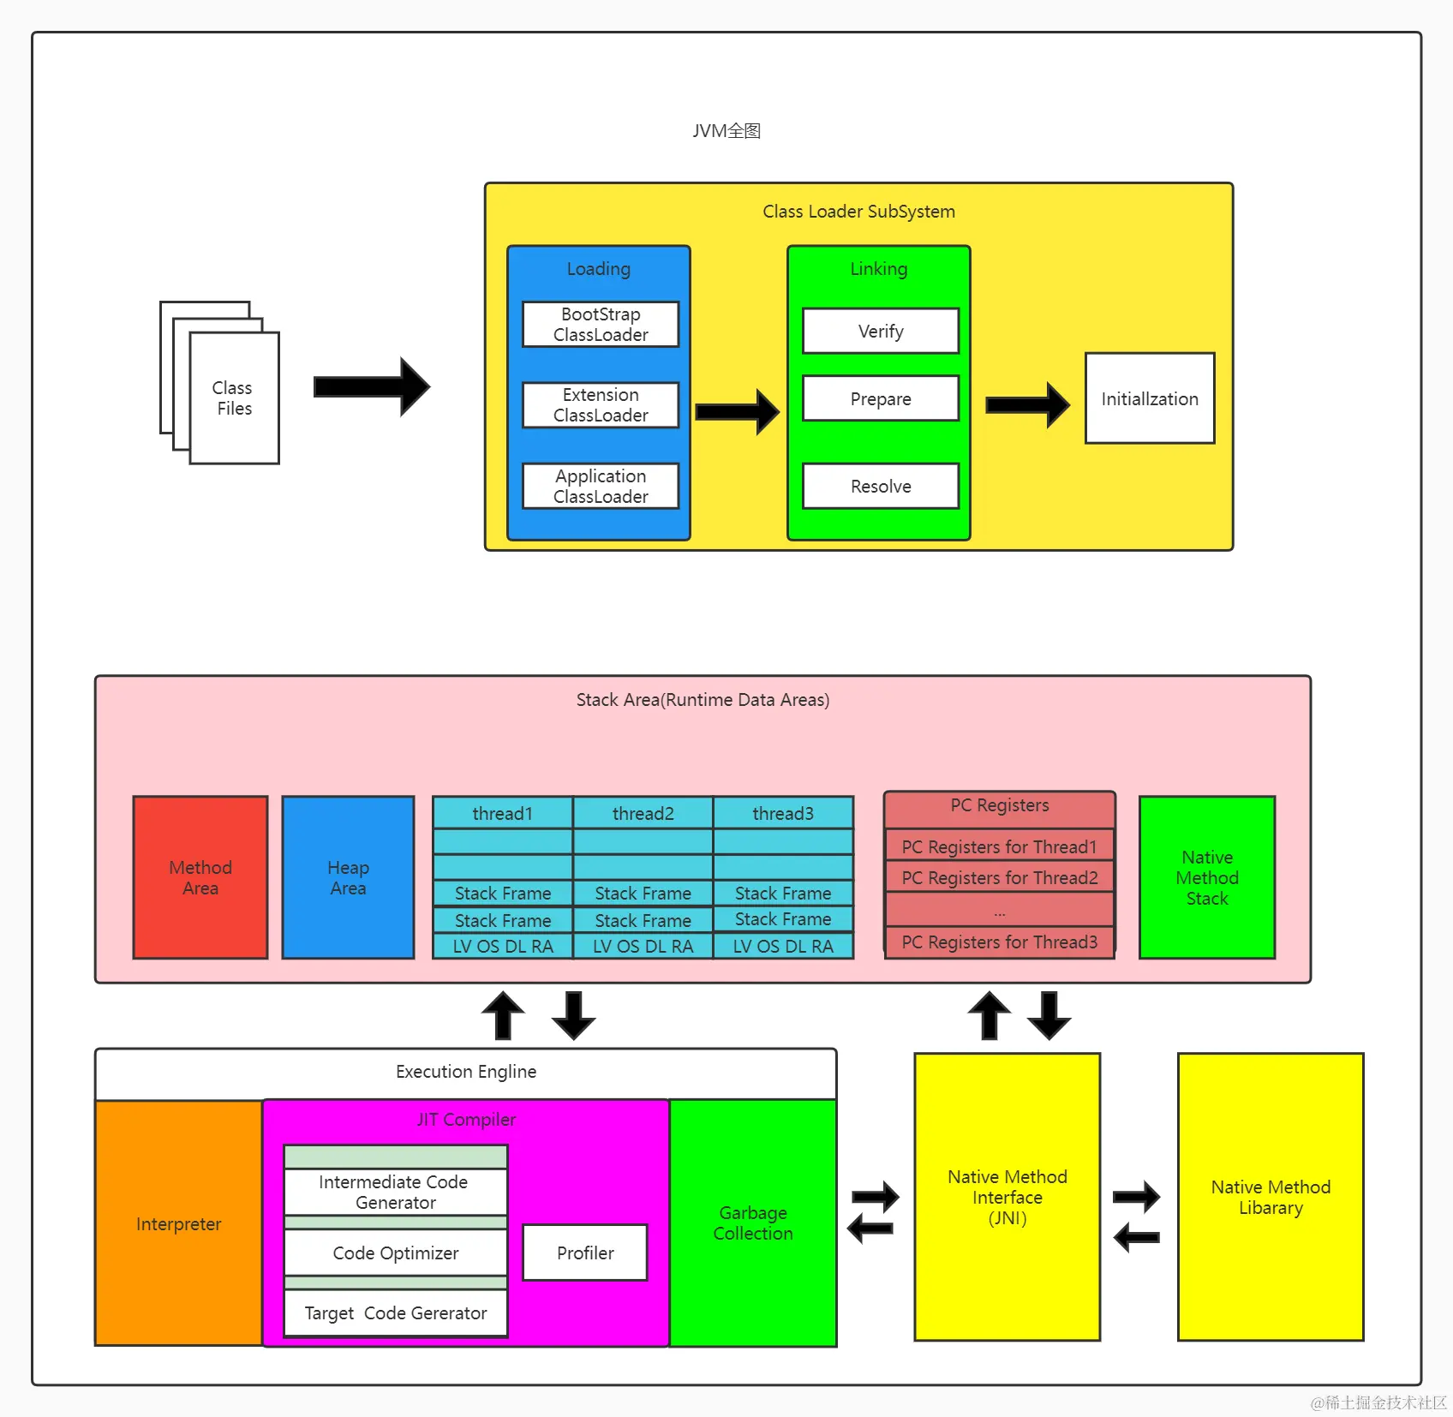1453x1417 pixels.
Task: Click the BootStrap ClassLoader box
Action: coord(601,324)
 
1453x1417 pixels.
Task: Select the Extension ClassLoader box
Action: coord(601,404)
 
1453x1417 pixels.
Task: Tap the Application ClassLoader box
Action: coord(601,486)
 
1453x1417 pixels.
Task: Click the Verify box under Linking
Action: coord(881,331)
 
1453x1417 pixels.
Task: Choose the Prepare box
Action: coord(881,398)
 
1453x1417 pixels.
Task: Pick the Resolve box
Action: coord(881,486)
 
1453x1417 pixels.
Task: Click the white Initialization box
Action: coord(1150,398)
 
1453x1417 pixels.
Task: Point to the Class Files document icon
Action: coord(220,383)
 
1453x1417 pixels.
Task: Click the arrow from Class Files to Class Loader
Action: coord(372,387)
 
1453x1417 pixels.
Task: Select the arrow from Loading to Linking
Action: coord(738,412)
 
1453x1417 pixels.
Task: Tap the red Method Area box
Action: coord(200,877)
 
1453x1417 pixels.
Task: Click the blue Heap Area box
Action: coord(348,877)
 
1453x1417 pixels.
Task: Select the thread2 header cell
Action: coord(643,813)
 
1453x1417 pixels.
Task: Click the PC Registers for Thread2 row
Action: coord(1000,877)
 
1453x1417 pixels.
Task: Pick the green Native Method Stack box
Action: coord(1207,877)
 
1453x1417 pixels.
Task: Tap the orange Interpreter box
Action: coord(179,1223)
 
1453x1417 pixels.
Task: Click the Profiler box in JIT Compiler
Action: coord(585,1253)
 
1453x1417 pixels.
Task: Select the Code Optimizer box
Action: coord(396,1253)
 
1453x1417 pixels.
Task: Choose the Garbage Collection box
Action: coord(753,1223)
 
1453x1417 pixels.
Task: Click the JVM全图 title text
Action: coord(726,131)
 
